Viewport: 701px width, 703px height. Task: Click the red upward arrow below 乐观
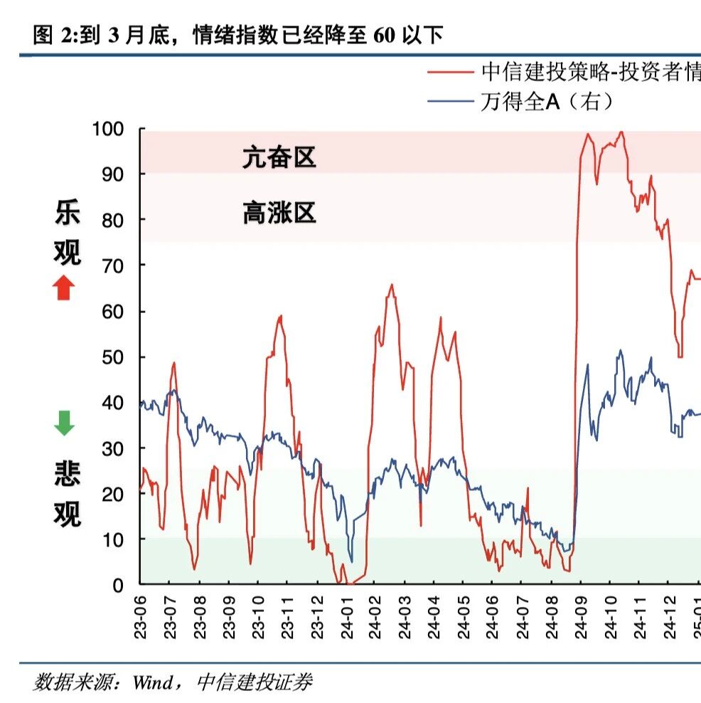tap(63, 287)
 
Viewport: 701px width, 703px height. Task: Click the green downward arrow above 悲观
tap(64, 423)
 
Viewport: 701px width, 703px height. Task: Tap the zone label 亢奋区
tap(279, 157)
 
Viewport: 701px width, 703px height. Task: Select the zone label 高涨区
tap(279, 213)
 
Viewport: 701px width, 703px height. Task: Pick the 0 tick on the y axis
tap(119, 586)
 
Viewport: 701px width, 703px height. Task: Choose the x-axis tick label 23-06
tap(140, 613)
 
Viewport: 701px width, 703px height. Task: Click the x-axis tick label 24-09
tap(581, 613)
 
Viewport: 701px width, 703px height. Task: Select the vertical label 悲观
tap(67, 494)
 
